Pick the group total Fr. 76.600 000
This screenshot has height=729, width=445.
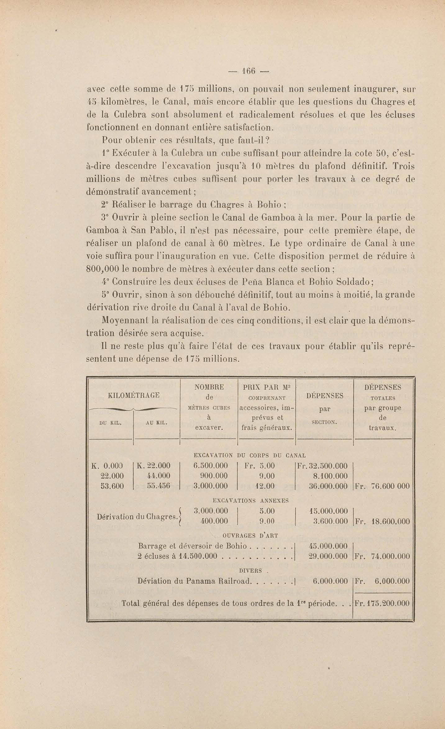[x=382, y=486]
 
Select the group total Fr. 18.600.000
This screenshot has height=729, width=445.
[x=382, y=521]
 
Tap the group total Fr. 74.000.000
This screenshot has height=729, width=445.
[x=382, y=556]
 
